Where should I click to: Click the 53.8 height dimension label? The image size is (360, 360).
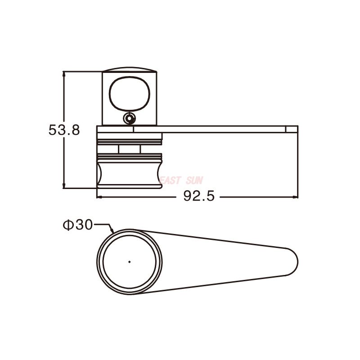[x=64, y=130]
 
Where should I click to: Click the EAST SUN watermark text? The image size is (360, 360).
[x=182, y=180]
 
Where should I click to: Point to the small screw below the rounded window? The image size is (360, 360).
[x=130, y=118]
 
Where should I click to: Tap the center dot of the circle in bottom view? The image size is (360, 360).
[x=130, y=261]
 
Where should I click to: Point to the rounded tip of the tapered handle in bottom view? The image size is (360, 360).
[x=295, y=261]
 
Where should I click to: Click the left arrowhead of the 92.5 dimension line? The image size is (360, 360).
[x=100, y=197]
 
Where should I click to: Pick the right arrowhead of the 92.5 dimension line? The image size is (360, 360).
[x=296, y=197]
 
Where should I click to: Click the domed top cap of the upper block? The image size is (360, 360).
[x=130, y=70]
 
